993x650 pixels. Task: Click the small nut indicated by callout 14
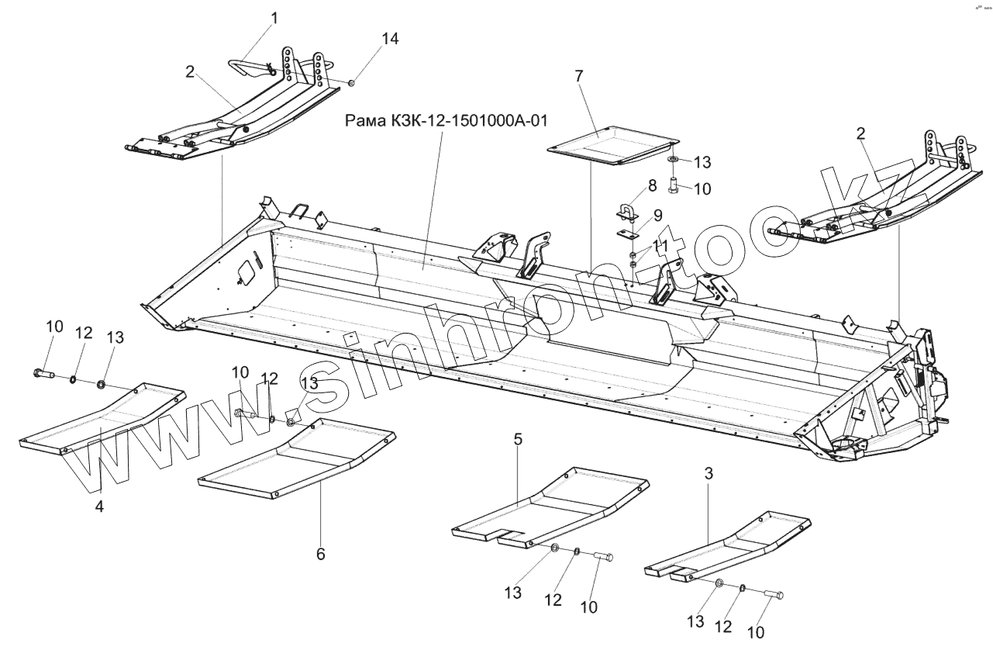351,82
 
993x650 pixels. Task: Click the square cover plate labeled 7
612,147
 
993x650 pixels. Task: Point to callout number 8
652,185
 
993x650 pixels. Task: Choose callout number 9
657,215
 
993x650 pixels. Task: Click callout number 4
100,506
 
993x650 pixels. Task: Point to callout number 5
518,439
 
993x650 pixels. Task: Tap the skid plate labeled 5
550,508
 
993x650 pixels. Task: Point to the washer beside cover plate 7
672,159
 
